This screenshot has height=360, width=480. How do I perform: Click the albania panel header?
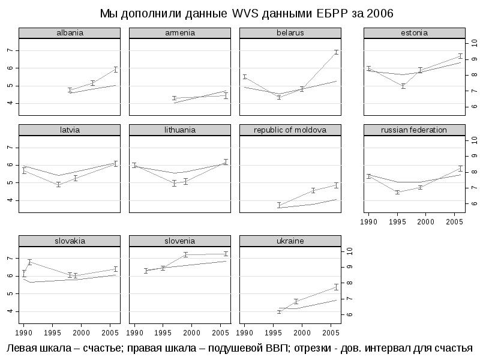click(x=70, y=33)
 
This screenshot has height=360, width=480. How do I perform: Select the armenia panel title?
click(x=180, y=33)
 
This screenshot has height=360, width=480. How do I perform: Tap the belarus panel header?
click(x=290, y=33)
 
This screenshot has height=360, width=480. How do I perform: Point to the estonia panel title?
click(x=414, y=33)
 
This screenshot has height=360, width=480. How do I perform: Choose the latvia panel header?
click(x=70, y=130)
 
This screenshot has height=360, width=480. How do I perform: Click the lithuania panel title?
click(x=180, y=130)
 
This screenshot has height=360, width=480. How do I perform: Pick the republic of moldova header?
click(x=290, y=130)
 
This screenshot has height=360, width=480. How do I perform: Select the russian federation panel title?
click(x=414, y=130)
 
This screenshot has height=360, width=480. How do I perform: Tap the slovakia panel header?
click(x=70, y=241)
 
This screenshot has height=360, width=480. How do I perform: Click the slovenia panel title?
click(x=180, y=241)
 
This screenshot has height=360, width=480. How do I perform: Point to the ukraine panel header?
click(x=290, y=241)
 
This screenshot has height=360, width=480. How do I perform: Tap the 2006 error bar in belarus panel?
click(x=337, y=52)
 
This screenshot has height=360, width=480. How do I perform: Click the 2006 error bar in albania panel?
click(x=116, y=70)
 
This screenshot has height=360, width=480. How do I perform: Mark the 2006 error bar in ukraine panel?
click(x=337, y=287)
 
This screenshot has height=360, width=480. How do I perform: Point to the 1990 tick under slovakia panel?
click(x=24, y=331)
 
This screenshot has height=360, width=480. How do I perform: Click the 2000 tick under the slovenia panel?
click(x=191, y=331)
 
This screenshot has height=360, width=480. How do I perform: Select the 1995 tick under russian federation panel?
click(x=397, y=221)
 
